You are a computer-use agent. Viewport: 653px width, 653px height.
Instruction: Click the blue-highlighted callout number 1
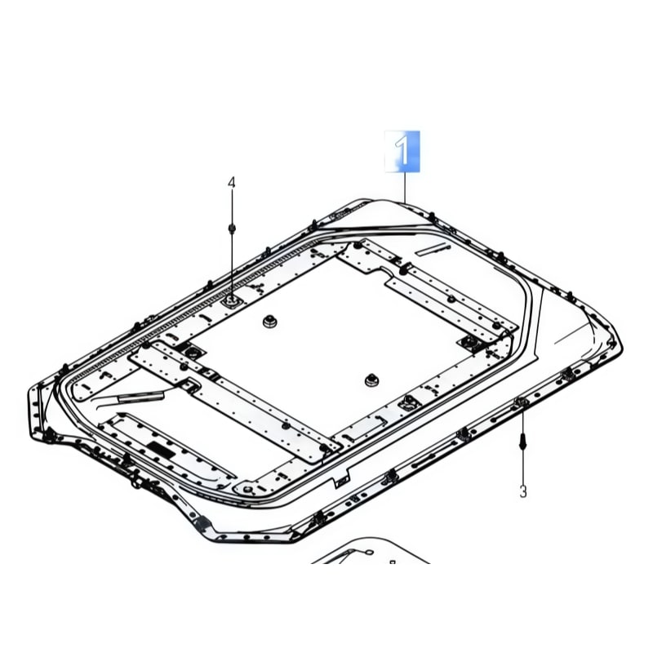402,151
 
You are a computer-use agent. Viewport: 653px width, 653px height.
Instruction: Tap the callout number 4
232,182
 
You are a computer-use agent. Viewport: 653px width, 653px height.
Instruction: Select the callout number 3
523,491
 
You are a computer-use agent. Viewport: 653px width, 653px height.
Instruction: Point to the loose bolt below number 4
232,229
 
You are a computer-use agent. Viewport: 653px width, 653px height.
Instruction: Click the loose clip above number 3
523,442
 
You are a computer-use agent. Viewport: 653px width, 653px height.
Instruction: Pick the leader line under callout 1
404,188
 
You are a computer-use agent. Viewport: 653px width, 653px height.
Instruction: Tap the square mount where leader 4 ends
232,300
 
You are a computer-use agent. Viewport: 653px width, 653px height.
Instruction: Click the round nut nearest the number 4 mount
270,321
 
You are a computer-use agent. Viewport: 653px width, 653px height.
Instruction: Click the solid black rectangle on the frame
161,450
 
